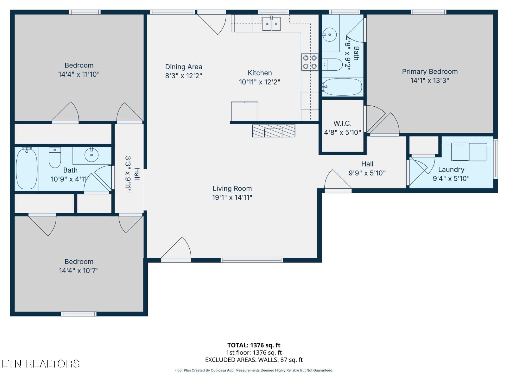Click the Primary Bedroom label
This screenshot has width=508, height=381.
(430, 71)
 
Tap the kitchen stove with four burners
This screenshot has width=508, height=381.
(310, 62)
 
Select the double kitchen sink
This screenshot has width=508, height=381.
(271, 24)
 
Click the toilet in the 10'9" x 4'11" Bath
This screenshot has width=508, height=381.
(55, 157)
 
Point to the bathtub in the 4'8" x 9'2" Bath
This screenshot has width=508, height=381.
(342, 87)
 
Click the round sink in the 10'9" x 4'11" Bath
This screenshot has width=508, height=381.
(92, 155)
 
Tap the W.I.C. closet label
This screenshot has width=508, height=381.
(342, 123)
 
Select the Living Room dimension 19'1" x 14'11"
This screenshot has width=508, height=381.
(232, 197)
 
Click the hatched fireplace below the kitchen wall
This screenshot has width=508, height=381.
(274, 131)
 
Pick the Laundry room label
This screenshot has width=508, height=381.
(451, 170)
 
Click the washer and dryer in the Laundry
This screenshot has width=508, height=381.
(469, 152)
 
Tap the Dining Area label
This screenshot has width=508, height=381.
(184, 67)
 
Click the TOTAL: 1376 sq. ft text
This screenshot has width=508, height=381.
(254, 345)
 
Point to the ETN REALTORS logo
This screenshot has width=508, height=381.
(40, 364)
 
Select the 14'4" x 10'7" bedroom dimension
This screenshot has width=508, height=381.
(79, 270)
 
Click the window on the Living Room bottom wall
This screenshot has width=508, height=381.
(252, 260)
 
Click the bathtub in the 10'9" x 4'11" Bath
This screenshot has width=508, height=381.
(27, 169)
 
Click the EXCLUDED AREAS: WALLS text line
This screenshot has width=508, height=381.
(254, 360)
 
